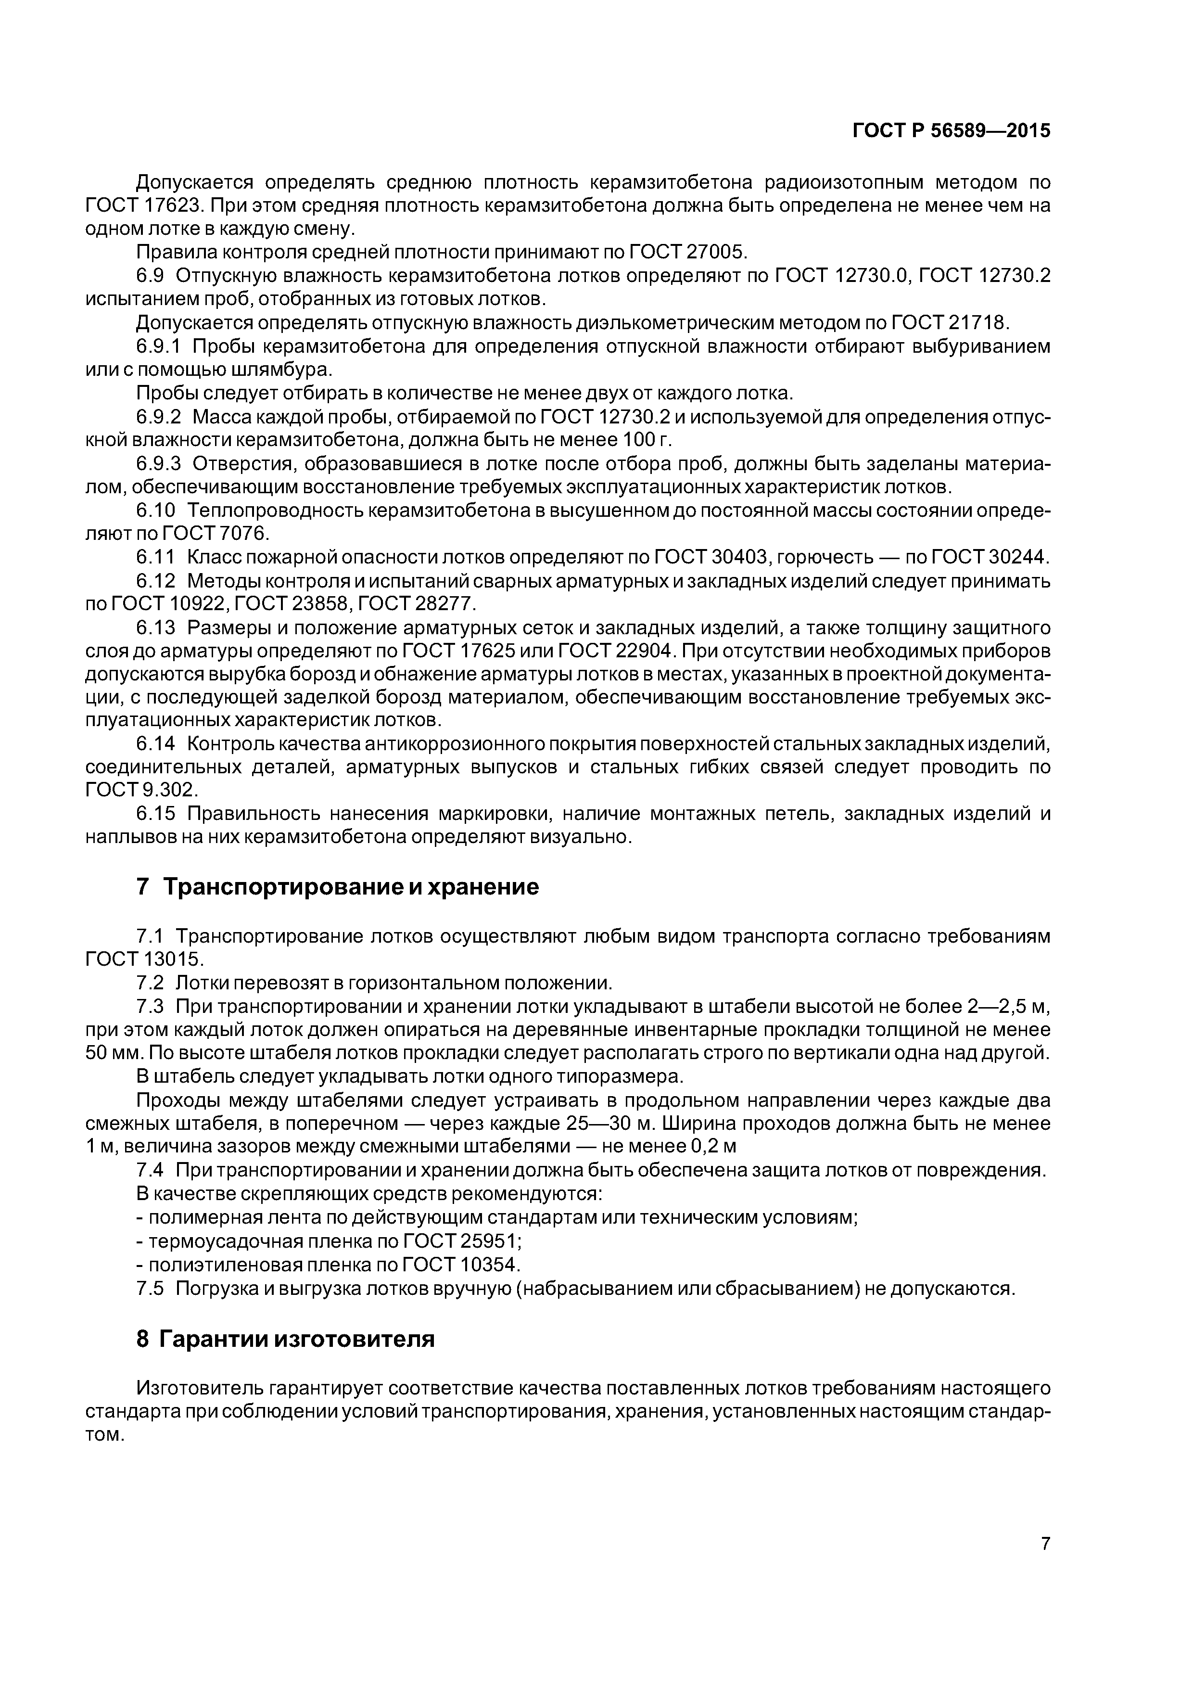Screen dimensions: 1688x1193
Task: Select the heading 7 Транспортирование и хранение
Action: coord(337,887)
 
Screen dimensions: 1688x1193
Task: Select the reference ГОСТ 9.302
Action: coord(142,790)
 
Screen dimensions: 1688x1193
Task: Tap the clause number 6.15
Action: coord(156,814)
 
